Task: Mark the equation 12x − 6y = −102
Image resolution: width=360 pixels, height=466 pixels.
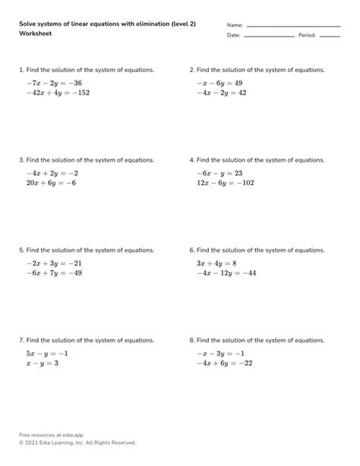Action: click(x=224, y=183)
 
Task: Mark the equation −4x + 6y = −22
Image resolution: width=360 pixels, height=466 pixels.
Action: click(x=224, y=364)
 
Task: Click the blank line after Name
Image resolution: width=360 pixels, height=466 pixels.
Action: click(x=293, y=27)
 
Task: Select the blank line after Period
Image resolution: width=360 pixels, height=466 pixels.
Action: click(x=330, y=36)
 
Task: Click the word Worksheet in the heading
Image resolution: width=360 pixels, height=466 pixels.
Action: click(x=36, y=34)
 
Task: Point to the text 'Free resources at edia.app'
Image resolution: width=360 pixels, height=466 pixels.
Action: click(x=51, y=434)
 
